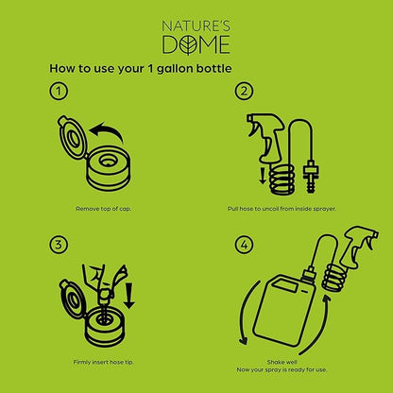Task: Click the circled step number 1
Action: pyautogui.click(x=59, y=92)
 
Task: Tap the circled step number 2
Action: pyautogui.click(x=244, y=92)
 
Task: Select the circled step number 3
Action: pyautogui.click(x=59, y=245)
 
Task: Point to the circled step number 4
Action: pyautogui.click(x=244, y=245)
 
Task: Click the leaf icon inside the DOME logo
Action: pyautogui.click(x=188, y=45)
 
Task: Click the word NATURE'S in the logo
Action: pyautogui.click(x=196, y=26)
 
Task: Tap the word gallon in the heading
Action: pyautogui.click(x=175, y=69)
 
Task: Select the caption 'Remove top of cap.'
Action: pyautogui.click(x=103, y=209)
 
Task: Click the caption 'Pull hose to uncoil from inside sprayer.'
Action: pyautogui.click(x=282, y=209)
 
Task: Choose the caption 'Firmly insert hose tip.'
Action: pyautogui.click(x=103, y=362)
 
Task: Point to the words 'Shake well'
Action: pyautogui.click(x=282, y=362)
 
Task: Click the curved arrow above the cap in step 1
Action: pyautogui.click(x=106, y=132)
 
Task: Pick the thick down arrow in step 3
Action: pyautogui.click(x=128, y=296)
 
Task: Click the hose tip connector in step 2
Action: pyautogui.click(x=311, y=177)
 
